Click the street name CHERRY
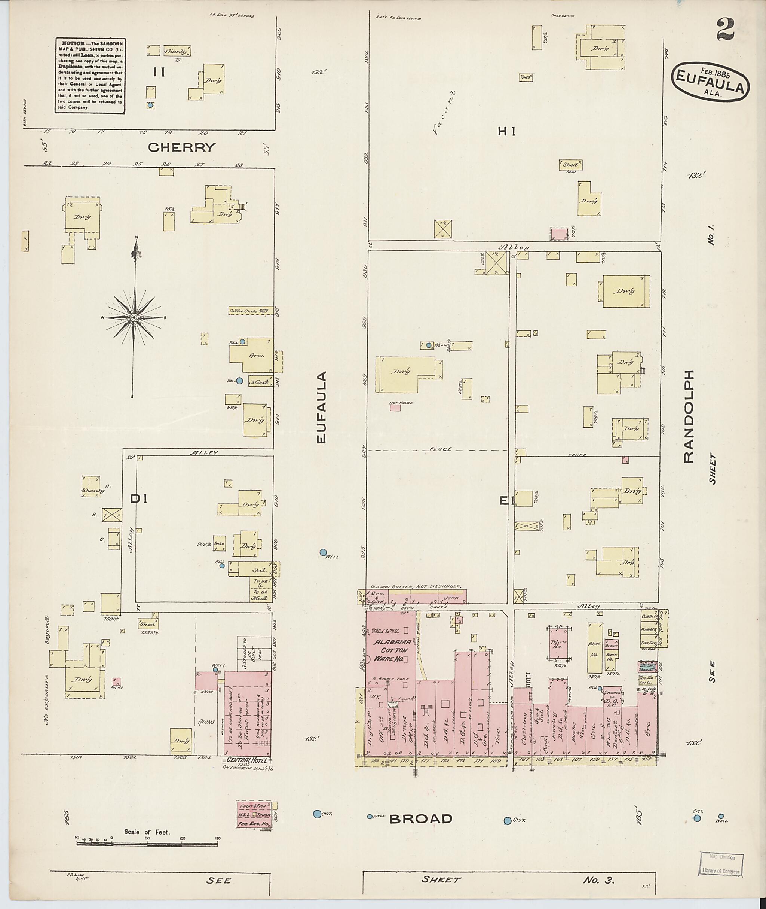pyautogui.click(x=181, y=147)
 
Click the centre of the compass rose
pyautogui.click(x=134, y=318)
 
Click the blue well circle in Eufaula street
pyautogui.click(x=323, y=552)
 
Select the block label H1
pyautogui.click(x=506, y=131)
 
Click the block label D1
pyautogui.click(x=140, y=500)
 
